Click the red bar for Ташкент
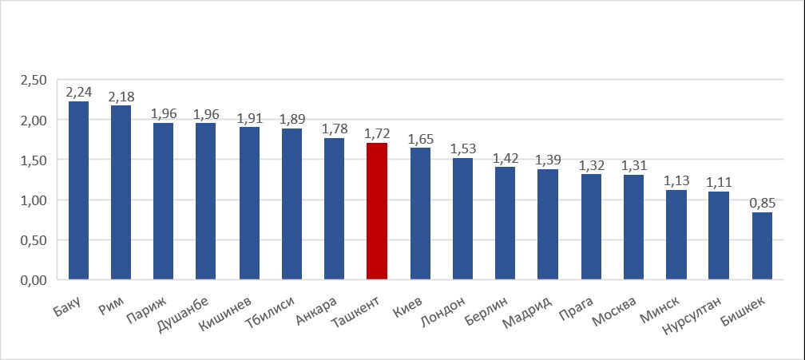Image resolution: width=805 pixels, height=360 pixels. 376,212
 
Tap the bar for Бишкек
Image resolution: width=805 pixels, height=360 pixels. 762,246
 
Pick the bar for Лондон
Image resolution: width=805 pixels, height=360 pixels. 462,219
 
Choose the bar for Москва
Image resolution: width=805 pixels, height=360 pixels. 633,227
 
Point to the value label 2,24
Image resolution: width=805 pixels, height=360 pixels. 79,92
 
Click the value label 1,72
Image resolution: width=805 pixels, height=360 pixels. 377,133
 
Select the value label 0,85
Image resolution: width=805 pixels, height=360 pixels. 762,203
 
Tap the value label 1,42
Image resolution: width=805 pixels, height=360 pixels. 506,157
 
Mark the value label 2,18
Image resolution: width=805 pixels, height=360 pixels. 121,97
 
